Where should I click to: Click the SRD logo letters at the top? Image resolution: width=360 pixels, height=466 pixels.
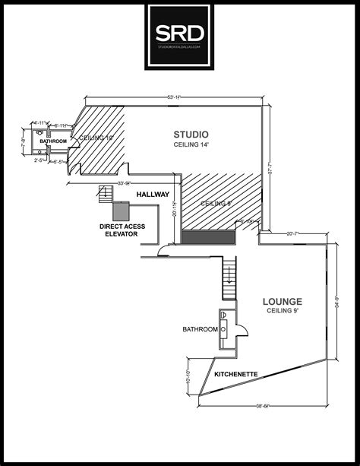point(179,33)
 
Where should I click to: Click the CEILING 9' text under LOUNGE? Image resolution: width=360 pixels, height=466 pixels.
point(283,311)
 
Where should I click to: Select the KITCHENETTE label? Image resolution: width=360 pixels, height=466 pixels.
point(235,374)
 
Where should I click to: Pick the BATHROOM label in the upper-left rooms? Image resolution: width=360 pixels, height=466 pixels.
point(54,142)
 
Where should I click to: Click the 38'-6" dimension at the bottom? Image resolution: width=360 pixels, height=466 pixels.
point(264,407)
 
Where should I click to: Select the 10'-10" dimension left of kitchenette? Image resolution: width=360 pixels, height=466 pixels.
point(188,376)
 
